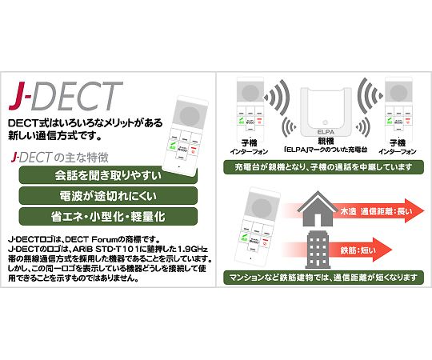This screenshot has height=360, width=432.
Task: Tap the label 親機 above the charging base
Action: tap(326, 142)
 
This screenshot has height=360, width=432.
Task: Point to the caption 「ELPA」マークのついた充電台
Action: tap(325, 151)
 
